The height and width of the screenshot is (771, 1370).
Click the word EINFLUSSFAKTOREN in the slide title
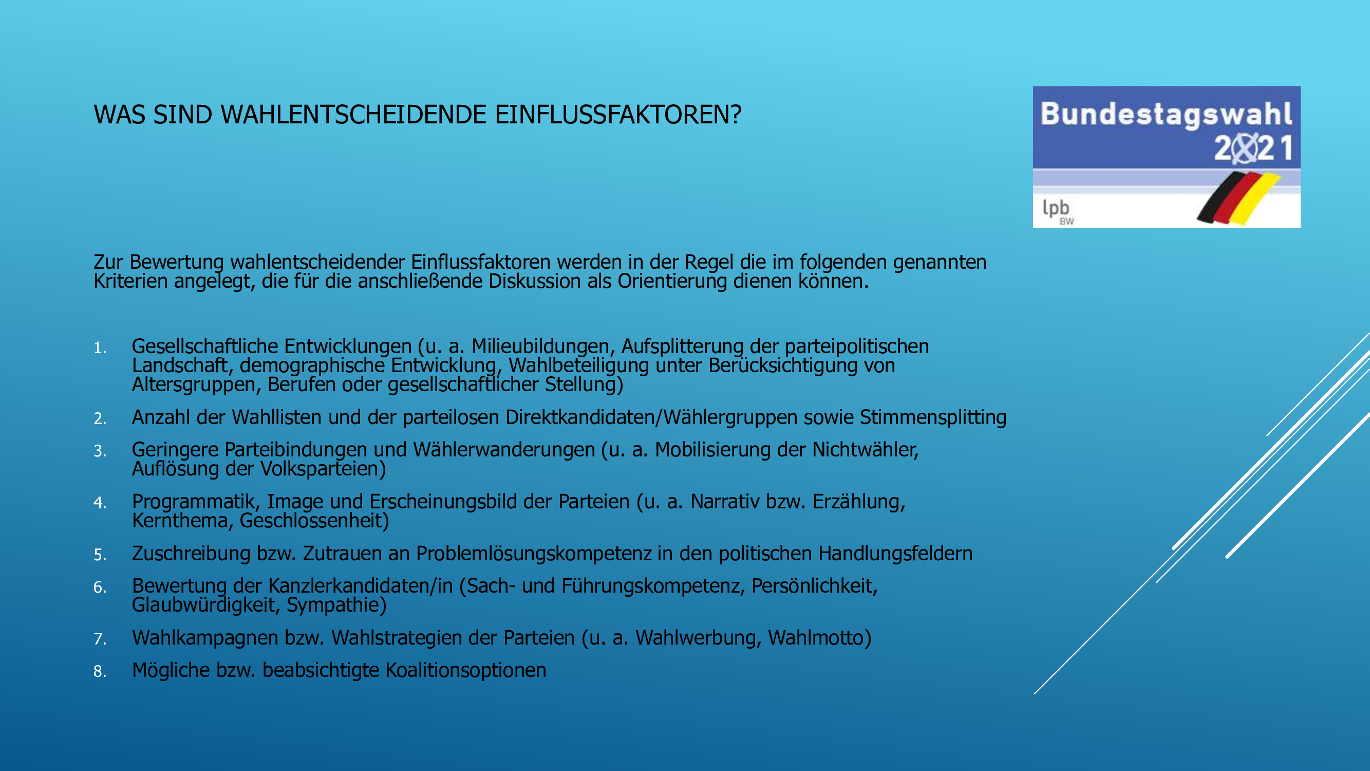617,115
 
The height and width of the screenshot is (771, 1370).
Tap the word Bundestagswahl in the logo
1166,115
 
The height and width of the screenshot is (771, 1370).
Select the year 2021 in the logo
1253,149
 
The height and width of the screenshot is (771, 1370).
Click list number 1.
100,348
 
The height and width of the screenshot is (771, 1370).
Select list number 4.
100,503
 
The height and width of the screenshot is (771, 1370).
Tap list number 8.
100,671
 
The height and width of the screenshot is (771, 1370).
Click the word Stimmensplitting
933,418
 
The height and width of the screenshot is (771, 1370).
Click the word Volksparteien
323,469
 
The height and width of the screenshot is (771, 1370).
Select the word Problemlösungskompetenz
533,554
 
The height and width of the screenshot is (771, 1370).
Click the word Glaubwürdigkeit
206,605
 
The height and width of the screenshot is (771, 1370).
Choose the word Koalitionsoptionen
465,670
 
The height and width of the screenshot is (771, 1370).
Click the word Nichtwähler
865,450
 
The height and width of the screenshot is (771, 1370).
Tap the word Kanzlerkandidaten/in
360,586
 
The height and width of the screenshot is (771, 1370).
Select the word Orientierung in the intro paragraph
672,282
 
